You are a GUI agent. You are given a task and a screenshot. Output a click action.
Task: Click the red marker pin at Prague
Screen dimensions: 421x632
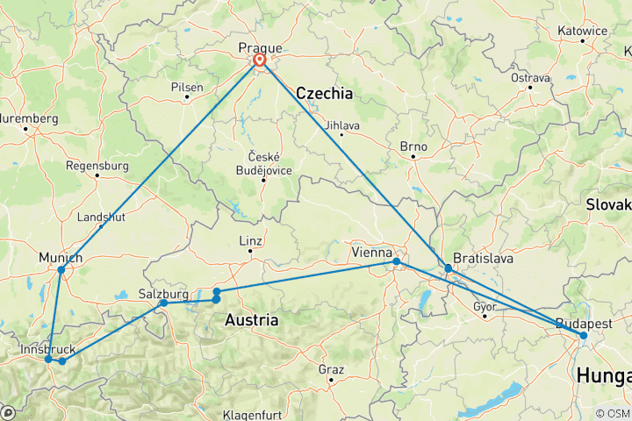(260, 61)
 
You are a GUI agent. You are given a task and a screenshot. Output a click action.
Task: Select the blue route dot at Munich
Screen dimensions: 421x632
(61, 270)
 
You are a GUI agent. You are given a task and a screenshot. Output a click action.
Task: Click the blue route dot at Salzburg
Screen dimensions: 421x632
(163, 303)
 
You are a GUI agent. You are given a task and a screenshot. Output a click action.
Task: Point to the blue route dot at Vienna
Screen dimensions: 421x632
(397, 261)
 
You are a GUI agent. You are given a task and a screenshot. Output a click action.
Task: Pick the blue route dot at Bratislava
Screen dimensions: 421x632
(449, 268)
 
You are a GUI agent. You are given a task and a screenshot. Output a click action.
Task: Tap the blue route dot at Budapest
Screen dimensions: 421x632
(583, 336)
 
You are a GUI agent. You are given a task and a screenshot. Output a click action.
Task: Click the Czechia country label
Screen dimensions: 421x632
(324, 93)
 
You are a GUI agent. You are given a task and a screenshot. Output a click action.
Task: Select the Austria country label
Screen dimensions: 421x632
(252, 320)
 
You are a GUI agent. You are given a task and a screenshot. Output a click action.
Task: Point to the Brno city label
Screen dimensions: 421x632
(413, 146)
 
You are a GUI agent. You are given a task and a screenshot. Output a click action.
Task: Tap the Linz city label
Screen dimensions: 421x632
(250, 241)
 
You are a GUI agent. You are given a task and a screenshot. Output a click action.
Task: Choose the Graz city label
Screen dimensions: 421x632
(331, 369)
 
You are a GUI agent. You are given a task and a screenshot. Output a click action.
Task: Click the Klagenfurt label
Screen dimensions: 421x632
(255, 413)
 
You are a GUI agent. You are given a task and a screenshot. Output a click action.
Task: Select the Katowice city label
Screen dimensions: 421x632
(582, 31)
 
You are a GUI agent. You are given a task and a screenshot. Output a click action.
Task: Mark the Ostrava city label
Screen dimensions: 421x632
(530, 77)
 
